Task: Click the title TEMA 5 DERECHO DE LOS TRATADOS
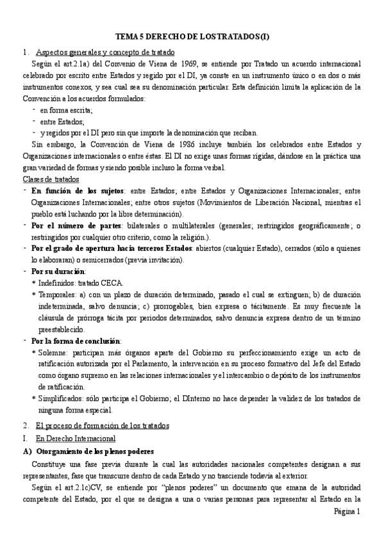click(x=192, y=38)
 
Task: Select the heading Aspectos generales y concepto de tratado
click(x=106, y=52)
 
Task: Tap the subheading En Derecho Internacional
click(x=75, y=438)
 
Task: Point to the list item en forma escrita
click(x=66, y=110)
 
